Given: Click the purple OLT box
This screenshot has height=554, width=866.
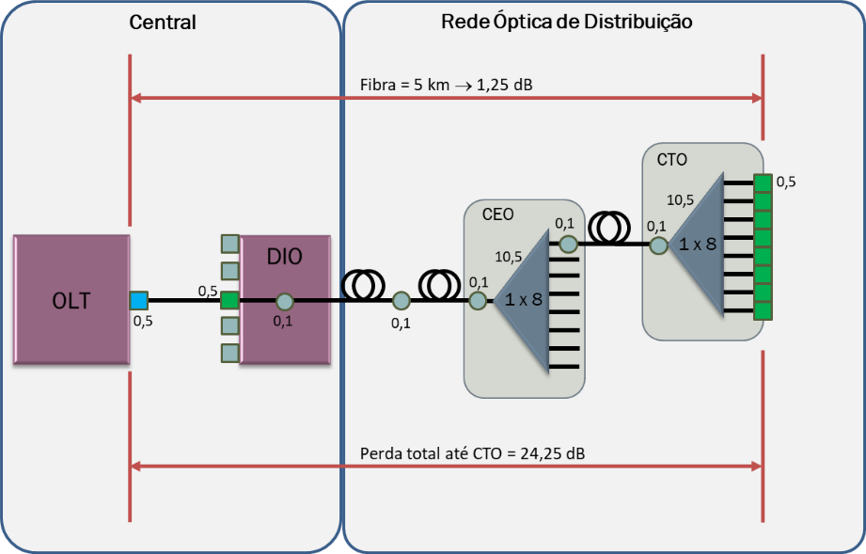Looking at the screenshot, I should [71, 300].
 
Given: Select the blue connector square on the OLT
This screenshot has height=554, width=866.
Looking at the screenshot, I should [139, 301].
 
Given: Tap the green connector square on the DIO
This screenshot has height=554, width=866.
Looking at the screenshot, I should [229, 301].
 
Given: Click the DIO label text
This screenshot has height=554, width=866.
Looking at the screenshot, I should [285, 257].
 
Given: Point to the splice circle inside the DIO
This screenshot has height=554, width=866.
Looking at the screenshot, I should [285, 302].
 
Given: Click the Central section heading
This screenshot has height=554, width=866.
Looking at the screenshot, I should [163, 23].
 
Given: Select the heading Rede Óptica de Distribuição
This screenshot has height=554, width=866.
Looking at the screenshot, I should [567, 22].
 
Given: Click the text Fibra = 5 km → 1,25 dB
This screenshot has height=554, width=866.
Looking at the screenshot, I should [447, 85].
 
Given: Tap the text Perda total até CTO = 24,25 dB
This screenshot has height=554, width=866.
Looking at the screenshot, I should [472, 454].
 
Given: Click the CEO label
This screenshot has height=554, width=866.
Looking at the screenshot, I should [497, 214].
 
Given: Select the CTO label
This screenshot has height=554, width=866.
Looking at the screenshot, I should [671, 160].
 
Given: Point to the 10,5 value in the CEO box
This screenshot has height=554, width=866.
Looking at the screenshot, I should [509, 256].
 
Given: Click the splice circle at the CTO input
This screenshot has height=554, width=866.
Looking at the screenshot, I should [659, 245].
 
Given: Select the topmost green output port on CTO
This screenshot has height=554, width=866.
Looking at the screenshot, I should [763, 182].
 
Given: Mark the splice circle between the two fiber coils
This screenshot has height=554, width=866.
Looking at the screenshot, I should [402, 301].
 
